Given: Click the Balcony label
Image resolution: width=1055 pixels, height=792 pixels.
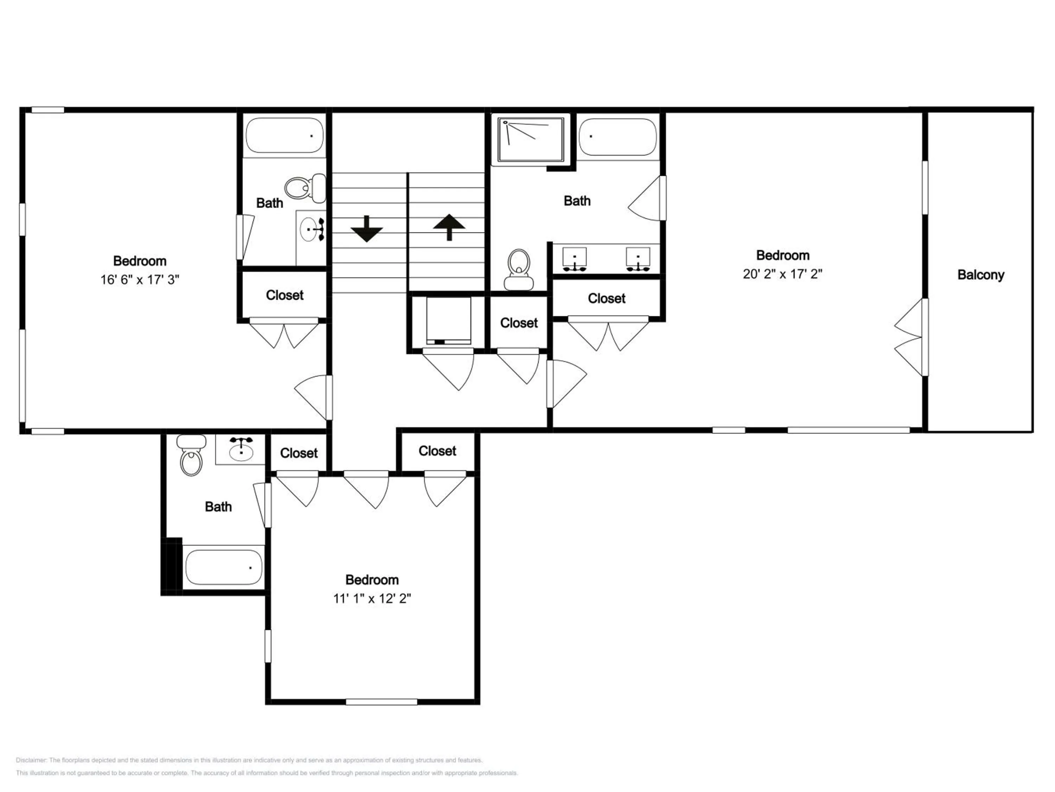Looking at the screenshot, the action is pos(980,275).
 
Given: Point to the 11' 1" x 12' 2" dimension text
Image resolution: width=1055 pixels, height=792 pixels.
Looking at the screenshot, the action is pos(372,598).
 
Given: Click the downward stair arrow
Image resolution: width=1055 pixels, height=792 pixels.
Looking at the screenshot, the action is pos(366,229).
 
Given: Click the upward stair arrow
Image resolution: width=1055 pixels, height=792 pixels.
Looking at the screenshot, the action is pos(449,227).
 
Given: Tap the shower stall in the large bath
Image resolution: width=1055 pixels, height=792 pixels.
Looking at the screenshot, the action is pos(530,139).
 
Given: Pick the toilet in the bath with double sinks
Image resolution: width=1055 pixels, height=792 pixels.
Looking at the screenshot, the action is pos(519,269).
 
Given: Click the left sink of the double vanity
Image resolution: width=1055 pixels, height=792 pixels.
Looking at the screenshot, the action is pos(574,259).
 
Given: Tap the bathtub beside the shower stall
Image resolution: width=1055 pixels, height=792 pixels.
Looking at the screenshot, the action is pos(618,137).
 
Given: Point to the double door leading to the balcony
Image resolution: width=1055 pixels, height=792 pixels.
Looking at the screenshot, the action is pos(910,337).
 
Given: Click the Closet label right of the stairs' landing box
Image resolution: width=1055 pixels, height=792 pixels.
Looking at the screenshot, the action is pos(519,323).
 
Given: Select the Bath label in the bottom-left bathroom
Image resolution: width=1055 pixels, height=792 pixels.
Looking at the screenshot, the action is pos(218,507).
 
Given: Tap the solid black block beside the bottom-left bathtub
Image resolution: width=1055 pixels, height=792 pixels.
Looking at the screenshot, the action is pos(172,566).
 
